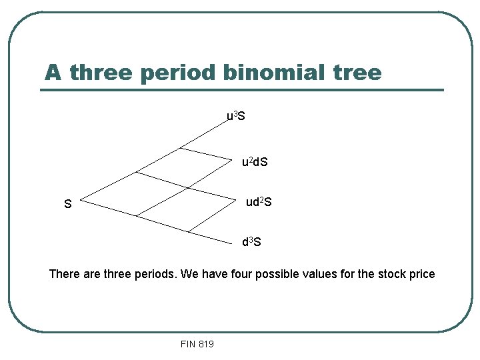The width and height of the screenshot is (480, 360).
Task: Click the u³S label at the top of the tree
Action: point(236,117)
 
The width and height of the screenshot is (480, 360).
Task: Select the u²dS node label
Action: point(255,162)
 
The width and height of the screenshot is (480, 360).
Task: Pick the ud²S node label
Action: point(259,201)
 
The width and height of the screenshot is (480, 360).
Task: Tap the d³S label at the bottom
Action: point(251,242)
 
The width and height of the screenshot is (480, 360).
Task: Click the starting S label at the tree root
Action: point(67,205)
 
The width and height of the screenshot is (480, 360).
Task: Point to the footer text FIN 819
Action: point(197,344)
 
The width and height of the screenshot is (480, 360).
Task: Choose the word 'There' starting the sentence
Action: point(64,274)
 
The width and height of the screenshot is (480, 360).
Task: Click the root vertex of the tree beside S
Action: point(81,201)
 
